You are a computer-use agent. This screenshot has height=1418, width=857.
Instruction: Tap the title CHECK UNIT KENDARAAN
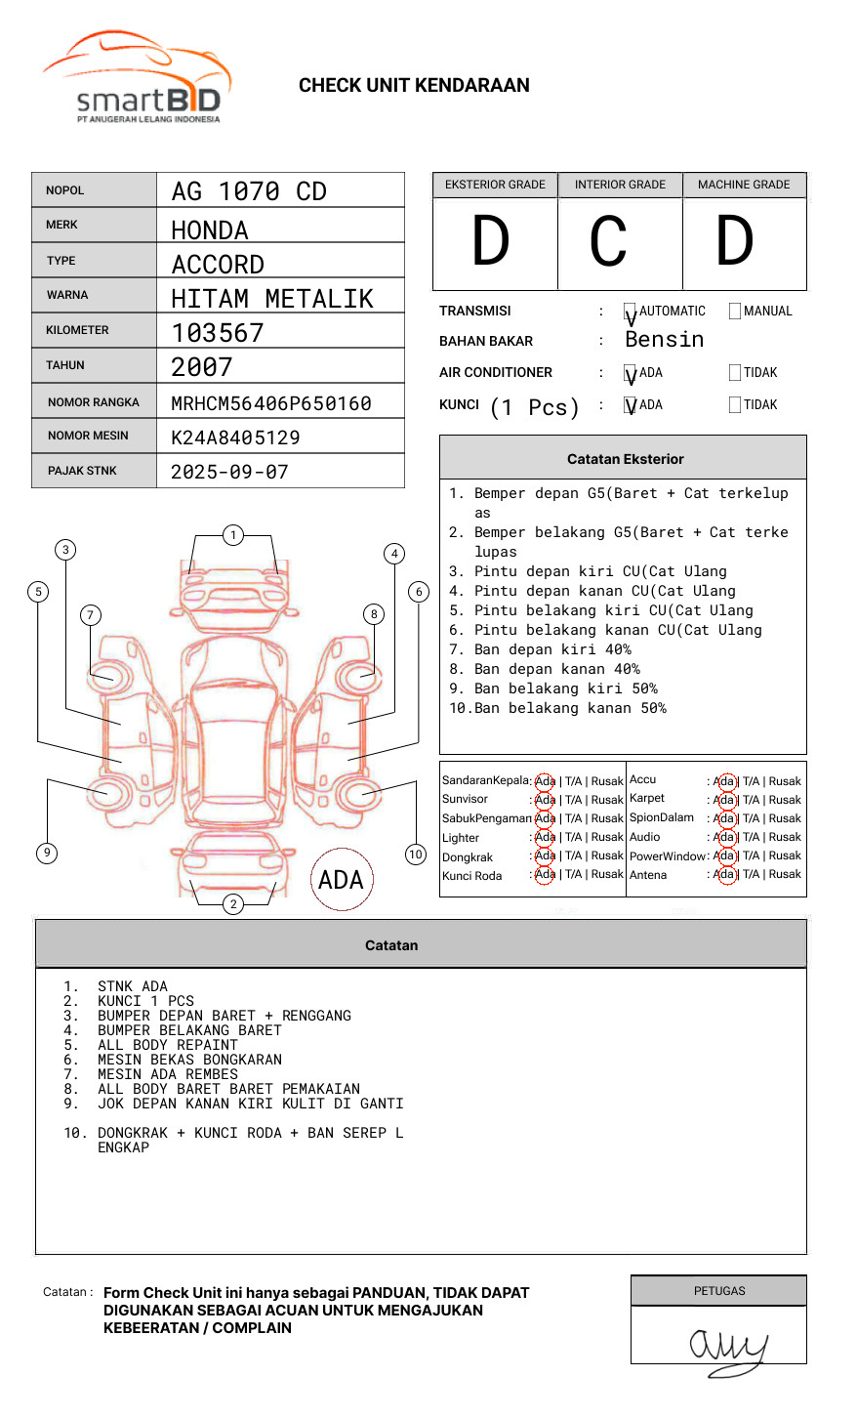point(414,86)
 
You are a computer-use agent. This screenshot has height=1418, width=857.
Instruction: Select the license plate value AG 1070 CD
point(249,191)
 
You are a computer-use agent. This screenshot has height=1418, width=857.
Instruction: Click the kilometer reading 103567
point(218,333)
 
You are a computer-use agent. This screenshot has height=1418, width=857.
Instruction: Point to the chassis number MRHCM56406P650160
point(271,403)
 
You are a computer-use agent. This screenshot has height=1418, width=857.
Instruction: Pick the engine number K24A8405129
point(235,438)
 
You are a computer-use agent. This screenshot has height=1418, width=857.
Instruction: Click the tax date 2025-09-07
point(229,472)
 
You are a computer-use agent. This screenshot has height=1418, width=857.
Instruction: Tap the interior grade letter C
point(608,242)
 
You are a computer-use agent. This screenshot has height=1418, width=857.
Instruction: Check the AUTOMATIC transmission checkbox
point(631,312)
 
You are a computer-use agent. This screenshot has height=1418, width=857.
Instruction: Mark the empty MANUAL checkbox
point(735,312)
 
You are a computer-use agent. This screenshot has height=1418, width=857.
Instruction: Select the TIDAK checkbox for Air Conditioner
point(735,373)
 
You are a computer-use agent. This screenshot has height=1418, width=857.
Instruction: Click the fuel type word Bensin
point(664,340)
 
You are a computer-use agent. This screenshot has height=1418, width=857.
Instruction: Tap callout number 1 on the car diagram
point(232,535)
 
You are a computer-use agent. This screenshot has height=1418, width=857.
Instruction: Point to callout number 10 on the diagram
point(416,855)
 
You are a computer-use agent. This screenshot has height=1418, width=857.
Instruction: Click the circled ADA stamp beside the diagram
point(341,880)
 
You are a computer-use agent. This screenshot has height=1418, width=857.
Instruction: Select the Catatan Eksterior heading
point(625,459)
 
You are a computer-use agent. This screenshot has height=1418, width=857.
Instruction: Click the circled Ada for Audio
point(724,837)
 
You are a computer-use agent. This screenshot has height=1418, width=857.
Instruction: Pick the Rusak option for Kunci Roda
point(607,875)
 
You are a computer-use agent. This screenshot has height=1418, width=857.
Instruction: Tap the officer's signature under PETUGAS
point(727,1348)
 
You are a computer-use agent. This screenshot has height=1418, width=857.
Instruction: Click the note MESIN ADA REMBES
point(167,1074)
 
